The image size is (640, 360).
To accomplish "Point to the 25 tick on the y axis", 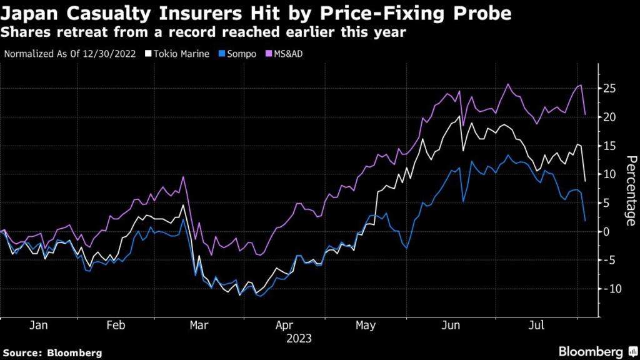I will click(610, 88).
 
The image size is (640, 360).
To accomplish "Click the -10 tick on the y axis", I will click(612, 289).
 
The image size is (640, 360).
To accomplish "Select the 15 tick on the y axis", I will click(610, 146).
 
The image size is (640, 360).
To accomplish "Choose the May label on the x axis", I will click(366, 326).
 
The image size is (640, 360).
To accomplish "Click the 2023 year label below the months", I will click(299, 339).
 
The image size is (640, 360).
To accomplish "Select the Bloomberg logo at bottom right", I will click(596, 351).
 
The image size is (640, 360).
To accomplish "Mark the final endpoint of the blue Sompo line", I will click(584, 220).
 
